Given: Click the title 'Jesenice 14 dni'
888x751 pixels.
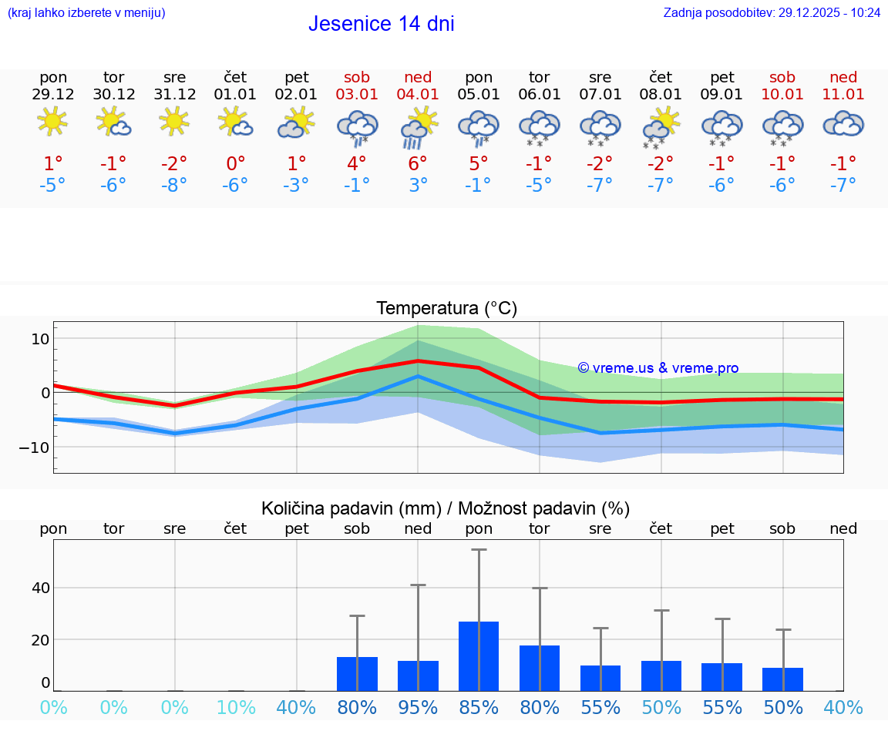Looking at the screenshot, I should tap(381, 24).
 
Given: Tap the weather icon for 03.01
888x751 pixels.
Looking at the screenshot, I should tap(357, 127).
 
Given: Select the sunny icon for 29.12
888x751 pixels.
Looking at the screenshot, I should tap(52, 122).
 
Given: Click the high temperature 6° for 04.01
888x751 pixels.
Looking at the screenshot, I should tap(418, 163).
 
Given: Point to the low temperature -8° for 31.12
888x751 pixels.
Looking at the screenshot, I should tap(175, 185).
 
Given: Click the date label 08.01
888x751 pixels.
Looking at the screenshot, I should tap(661, 95).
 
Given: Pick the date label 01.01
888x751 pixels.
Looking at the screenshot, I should tap(236, 95).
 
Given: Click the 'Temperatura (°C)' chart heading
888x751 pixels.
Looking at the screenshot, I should tap(446, 309).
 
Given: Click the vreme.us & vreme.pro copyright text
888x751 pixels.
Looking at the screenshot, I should tap(658, 368).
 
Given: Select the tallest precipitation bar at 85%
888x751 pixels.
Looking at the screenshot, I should tap(479, 655).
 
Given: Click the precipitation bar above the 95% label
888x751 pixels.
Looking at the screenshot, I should tap(418, 676).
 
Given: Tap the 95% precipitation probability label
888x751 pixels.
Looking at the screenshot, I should tap(418, 708).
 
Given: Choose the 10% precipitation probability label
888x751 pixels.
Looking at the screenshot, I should tap(236, 708).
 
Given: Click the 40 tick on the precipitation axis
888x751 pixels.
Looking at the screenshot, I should tap(40, 588).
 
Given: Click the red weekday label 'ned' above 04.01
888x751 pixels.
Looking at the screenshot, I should tap(418, 77).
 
